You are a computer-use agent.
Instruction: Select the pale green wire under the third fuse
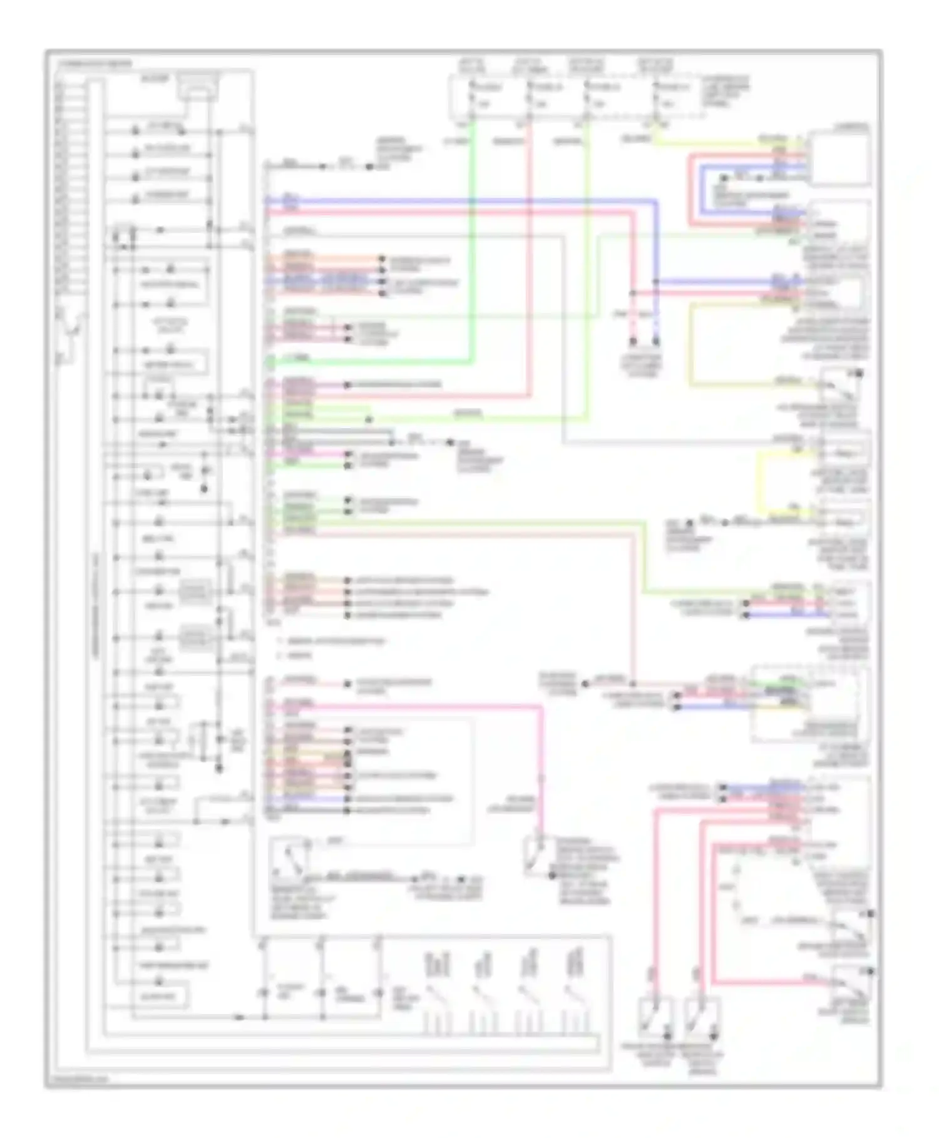[587, 282]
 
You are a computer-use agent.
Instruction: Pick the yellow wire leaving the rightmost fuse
[720, 143]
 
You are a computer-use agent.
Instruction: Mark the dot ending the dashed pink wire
[633, 342]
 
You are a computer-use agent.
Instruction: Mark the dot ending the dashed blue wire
[656, 342]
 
